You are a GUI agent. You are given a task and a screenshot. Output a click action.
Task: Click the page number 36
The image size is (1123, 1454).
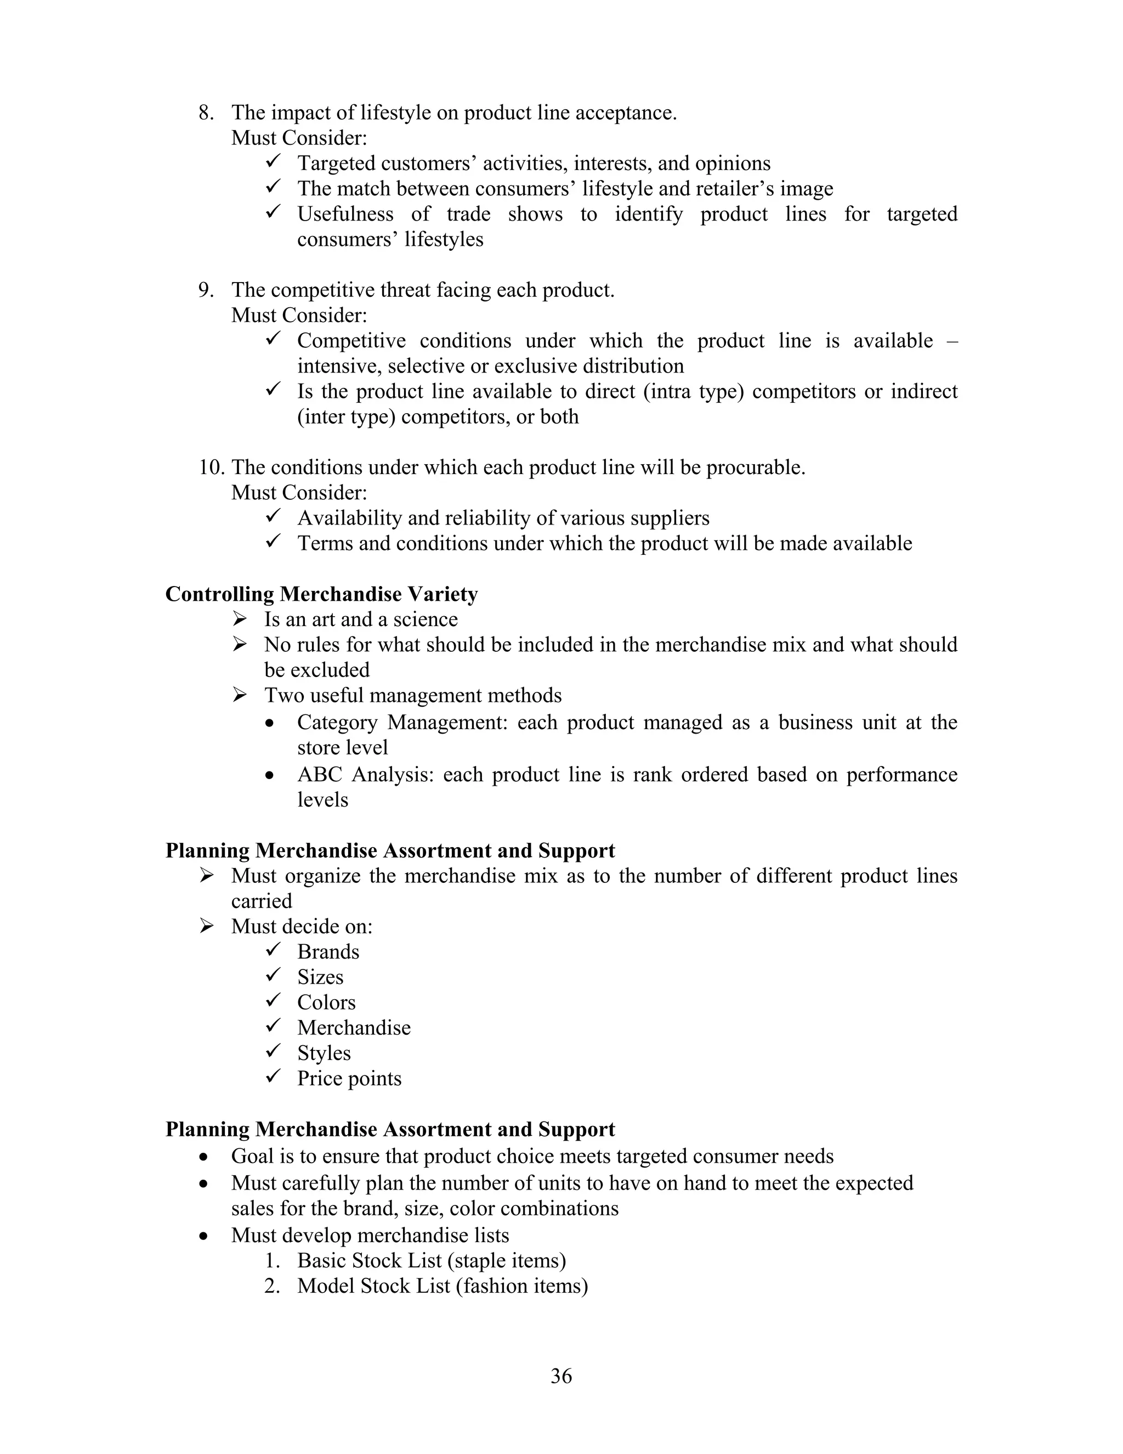point(561,1376)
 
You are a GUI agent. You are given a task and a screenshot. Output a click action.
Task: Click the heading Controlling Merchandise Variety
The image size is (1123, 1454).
point(321,594)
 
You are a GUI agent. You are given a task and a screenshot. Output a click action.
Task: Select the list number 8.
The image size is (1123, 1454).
point(206,112)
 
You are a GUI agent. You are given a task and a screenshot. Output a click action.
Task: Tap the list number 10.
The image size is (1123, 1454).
point(211,467)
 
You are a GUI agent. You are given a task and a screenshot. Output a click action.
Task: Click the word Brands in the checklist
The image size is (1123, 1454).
point(328,952)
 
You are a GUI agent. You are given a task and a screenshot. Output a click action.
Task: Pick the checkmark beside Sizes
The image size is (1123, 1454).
point(274,976)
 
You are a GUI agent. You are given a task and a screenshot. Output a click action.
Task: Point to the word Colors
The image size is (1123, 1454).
point(326,1002)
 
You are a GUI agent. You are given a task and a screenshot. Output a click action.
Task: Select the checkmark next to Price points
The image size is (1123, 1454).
point(274,1077)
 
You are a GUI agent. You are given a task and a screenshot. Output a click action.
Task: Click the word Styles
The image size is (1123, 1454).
point(324,1053)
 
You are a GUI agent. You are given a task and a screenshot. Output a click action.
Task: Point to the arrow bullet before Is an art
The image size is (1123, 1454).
point(240,619)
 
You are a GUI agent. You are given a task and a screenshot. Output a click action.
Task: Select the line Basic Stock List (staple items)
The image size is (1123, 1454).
point(431,1261)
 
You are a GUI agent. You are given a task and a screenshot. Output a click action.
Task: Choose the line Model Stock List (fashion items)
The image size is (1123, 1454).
point(443,1286)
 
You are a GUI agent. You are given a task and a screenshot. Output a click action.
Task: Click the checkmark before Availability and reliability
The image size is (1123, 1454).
point(274,517)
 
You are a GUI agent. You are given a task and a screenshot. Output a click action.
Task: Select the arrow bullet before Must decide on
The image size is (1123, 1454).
point(206,926)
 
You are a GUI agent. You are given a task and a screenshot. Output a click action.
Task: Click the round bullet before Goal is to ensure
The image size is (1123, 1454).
point(204,1157)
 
